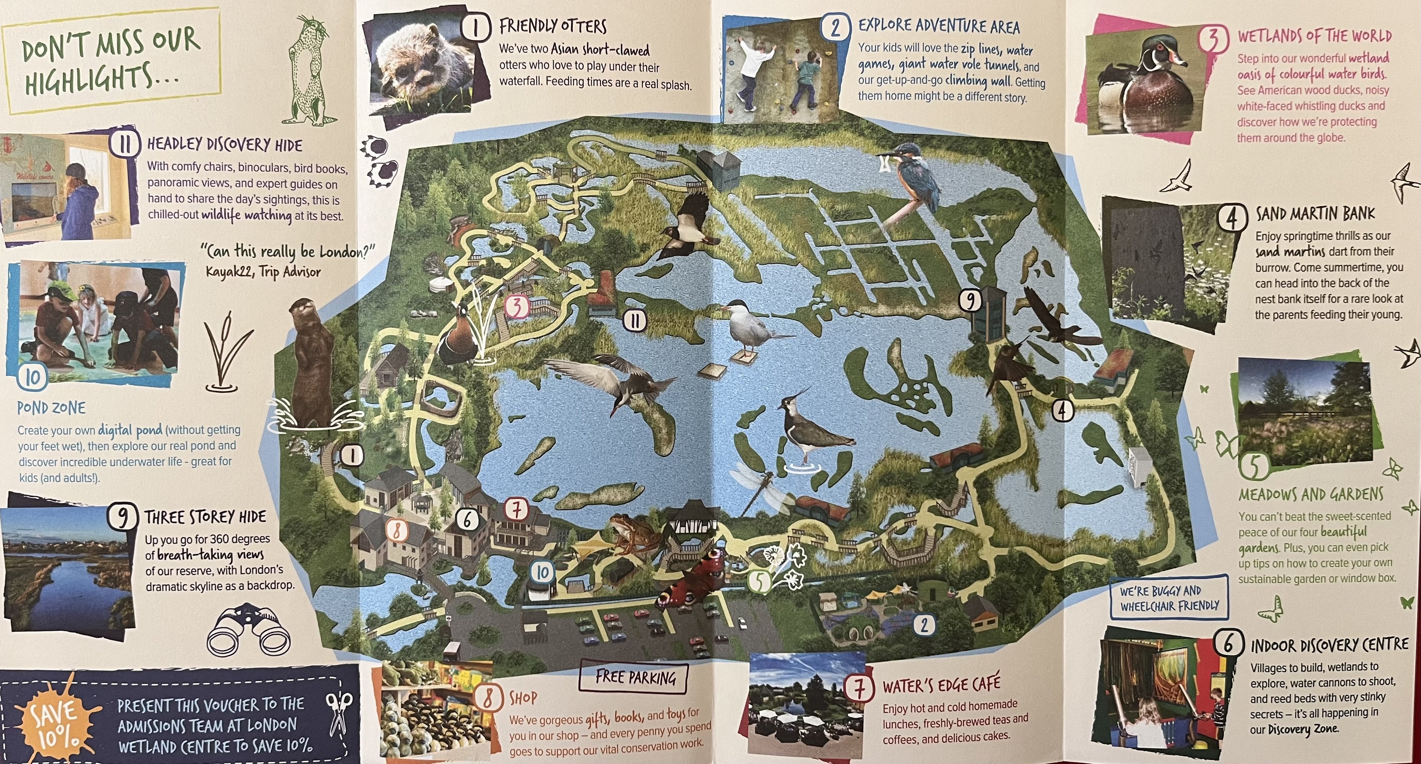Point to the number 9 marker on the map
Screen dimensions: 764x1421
click(x=970, y=301)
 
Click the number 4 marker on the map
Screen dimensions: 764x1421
click(x=1062, y=410)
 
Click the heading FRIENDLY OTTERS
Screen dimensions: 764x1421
click(x=553, y=26)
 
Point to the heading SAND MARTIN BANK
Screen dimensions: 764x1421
click(x=1315, y=213)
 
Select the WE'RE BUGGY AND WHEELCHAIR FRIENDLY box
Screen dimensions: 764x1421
click(x=1169, y=598)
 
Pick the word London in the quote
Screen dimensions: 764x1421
click(x=346, y=252)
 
